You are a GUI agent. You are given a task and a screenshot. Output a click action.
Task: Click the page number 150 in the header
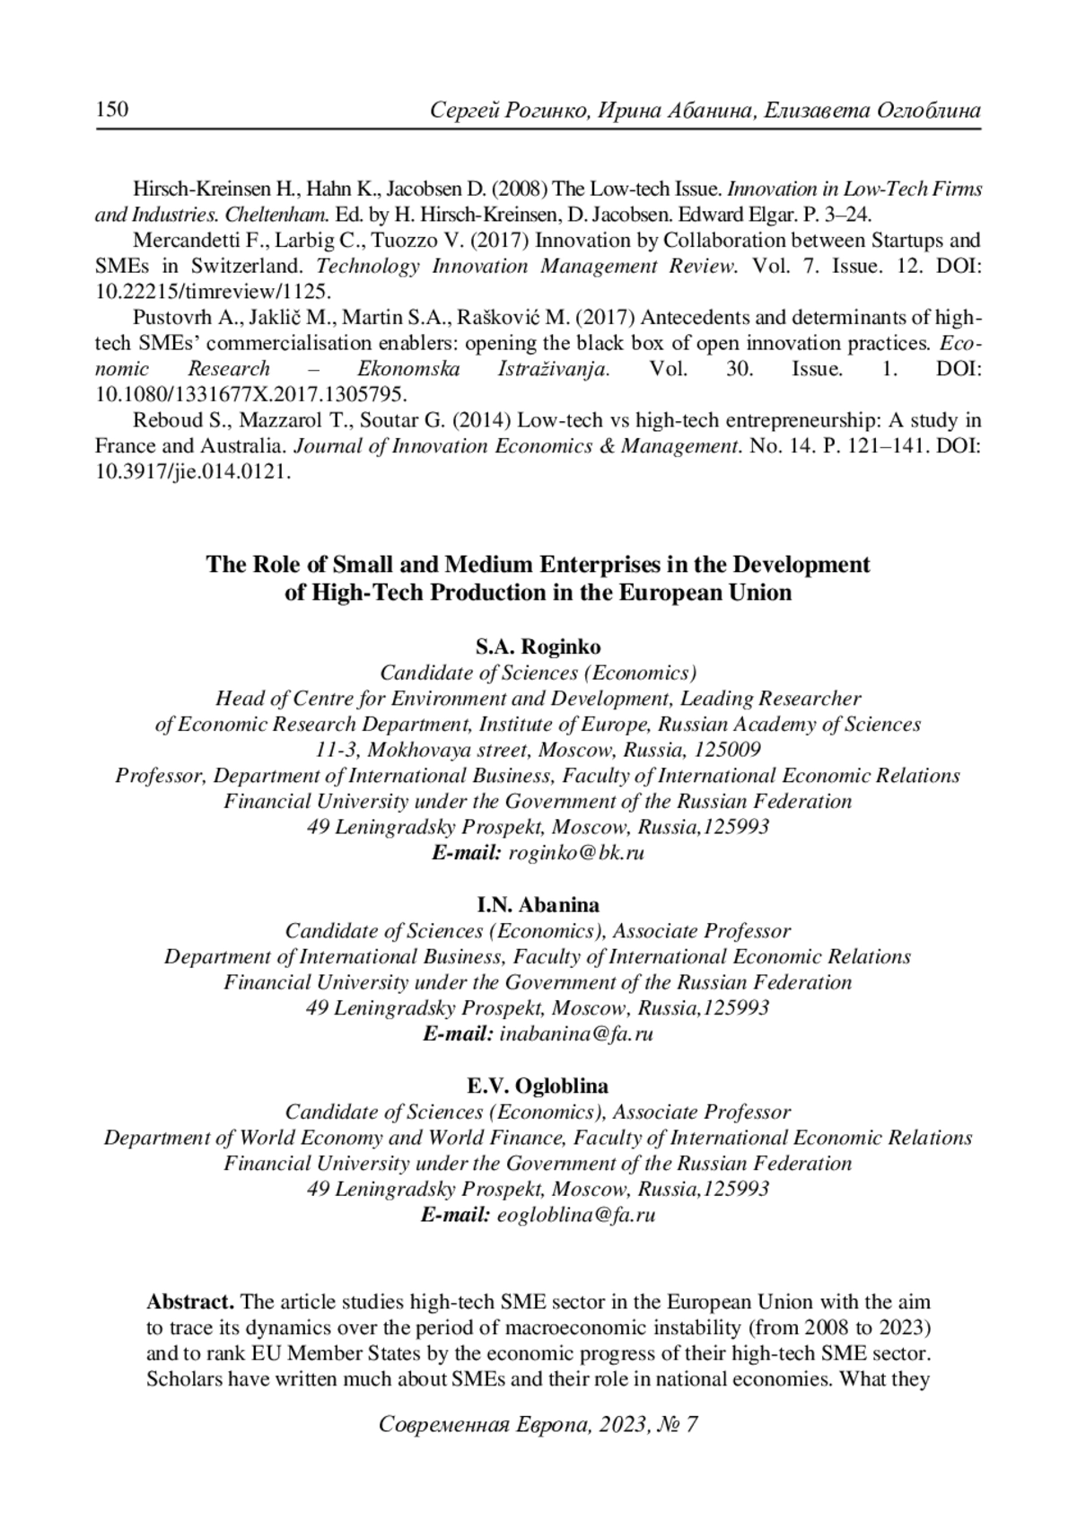pyautogui.click(x=112, y=110)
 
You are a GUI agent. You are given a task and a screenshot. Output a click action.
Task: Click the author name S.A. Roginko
pyautogui.click(x=538, y=646)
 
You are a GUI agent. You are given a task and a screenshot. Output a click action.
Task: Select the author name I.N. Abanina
pyautogui.click(x=538, y=904)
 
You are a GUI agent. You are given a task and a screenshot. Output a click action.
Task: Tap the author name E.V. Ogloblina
pyautogui.click(x=538, y=1086)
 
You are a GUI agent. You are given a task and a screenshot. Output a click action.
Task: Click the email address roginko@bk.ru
pyautogui.click(x=577, y=853)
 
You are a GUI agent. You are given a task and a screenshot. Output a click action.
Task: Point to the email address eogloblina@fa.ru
pyautogui.click(x=576, y=1215)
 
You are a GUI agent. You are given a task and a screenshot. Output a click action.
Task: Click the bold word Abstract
pyautogui.click(x=190, y=1302)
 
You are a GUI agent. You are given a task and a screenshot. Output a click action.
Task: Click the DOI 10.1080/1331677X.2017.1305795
pyautogui.click(x=251, y=394)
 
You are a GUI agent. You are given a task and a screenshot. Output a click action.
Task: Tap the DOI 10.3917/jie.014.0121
pyautogui.click(x=193, y=472)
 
